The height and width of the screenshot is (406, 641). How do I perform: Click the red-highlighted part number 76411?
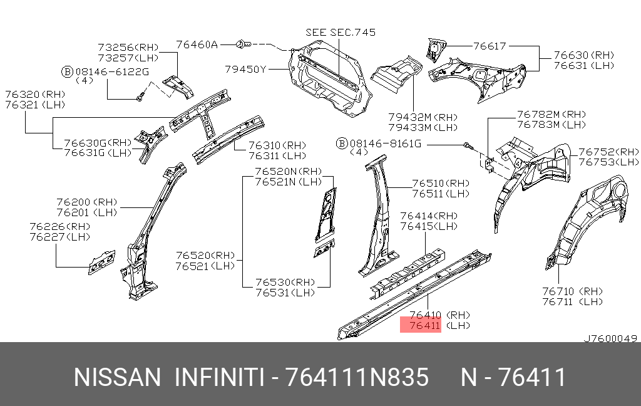[425, 326]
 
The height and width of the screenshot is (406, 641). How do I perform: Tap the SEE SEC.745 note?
[341, 33]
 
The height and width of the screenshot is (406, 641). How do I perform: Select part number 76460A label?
[197, 44]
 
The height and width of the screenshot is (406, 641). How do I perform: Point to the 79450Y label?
[245, 70]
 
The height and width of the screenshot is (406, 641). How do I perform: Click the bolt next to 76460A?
[244, 44]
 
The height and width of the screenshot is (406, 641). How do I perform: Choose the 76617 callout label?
[490, 46]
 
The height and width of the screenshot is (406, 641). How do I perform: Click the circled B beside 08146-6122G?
[67, 72]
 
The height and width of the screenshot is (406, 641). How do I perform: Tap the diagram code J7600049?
[610, 338]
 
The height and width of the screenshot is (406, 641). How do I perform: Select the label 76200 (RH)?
[86, 202]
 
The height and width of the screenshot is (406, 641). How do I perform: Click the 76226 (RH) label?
[59, 227]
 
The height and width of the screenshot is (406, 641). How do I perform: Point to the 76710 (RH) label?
[572, 291]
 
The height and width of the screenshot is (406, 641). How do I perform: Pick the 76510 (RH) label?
[441, 184]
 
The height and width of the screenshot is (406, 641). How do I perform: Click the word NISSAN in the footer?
[117, 377]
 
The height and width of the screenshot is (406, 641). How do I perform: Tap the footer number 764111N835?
[357, 377]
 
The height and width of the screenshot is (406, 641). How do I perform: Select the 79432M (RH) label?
[423, 118]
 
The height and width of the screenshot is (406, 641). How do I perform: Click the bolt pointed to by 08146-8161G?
[467, 145]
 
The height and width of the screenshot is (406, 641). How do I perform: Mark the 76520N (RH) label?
[289, 172]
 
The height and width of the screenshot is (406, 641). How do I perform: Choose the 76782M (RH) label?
[551, 115]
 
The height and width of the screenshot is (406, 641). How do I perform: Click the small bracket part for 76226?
[102, 262]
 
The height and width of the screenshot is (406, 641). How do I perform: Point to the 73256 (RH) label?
[128, 48]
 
